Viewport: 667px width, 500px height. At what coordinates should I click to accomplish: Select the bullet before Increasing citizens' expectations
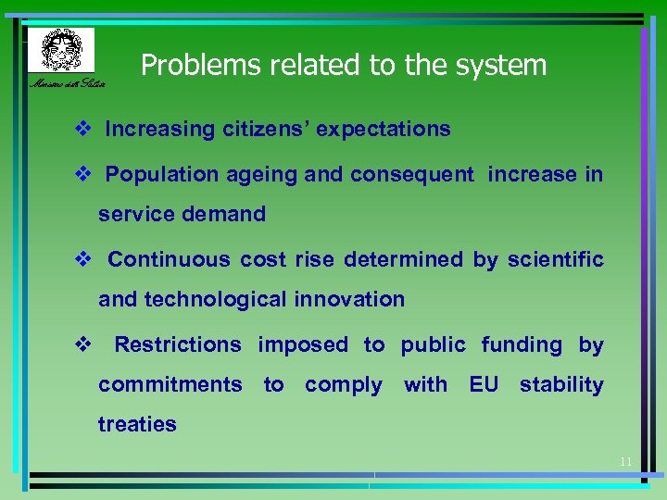(82, 130)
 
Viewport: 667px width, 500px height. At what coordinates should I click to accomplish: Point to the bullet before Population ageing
(82, 174)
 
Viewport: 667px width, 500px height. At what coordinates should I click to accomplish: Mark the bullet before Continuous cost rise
(82, 259)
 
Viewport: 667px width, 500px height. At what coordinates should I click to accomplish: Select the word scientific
(554, 259)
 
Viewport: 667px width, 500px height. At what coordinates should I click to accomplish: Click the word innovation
(349, 299)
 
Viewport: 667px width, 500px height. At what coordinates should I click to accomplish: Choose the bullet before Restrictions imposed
(82, 344)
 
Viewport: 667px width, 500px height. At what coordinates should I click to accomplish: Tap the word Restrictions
(178, 344)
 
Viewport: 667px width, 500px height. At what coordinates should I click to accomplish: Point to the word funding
(522, 345)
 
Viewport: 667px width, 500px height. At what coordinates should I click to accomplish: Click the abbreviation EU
(484, 384)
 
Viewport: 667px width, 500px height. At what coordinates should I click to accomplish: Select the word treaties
(137, 424)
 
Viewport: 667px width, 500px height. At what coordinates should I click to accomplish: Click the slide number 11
(625, 461)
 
